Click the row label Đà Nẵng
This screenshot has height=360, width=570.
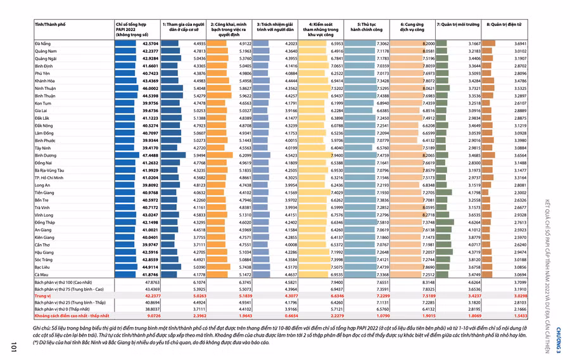[x=43, y=43]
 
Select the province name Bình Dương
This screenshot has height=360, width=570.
[x=46, y=155]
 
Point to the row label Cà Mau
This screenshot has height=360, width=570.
[x=42, y=274]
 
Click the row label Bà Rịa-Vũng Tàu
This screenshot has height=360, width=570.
[x=49, y=170]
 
